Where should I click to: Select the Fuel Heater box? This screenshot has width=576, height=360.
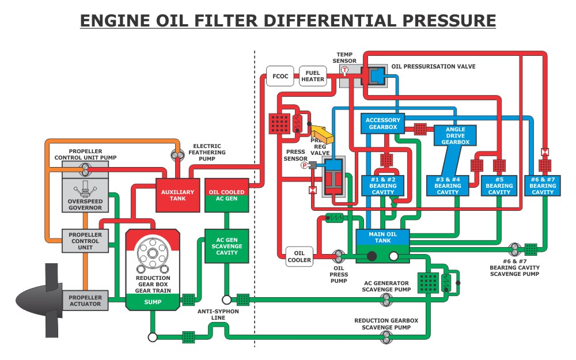313,75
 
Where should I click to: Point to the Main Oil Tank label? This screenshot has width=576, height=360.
382,237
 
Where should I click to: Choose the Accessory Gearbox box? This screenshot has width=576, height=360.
382,124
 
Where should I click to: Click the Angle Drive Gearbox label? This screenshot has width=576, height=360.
456,135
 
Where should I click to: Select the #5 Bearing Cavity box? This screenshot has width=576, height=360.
499,185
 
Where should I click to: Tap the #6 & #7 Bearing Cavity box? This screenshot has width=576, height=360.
543,185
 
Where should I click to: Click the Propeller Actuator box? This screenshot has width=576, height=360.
85,301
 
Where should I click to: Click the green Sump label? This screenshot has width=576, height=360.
153,301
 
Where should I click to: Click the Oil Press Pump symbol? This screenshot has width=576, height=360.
339,254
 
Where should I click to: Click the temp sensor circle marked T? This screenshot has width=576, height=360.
344,70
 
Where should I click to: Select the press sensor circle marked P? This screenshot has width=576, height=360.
305,165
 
